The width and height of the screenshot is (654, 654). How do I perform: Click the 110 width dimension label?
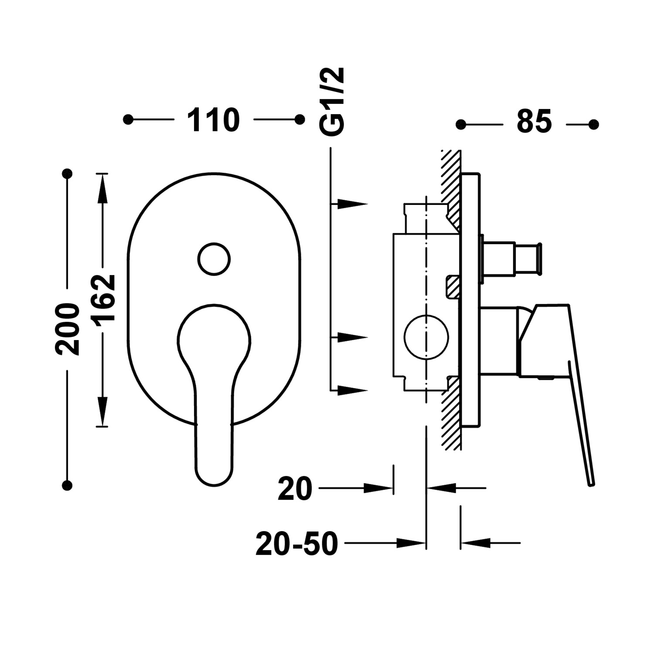click(214, 120)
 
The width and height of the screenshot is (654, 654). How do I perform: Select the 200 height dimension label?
click(68, 329)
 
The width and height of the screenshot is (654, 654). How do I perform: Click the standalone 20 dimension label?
click(295, 489)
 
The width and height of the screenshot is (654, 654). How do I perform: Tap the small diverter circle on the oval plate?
click(214, 259)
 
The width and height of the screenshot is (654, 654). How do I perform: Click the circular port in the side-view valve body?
click(426, 337)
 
